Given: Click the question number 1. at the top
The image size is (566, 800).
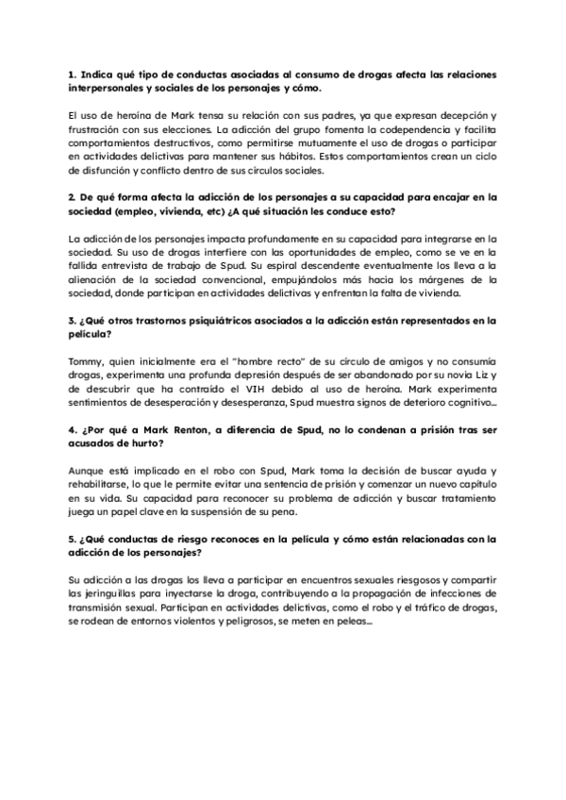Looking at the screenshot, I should coord(74,74).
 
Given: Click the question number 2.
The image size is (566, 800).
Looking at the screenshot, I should coord(74,197).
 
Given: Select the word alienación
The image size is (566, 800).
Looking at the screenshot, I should coord(99,281).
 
